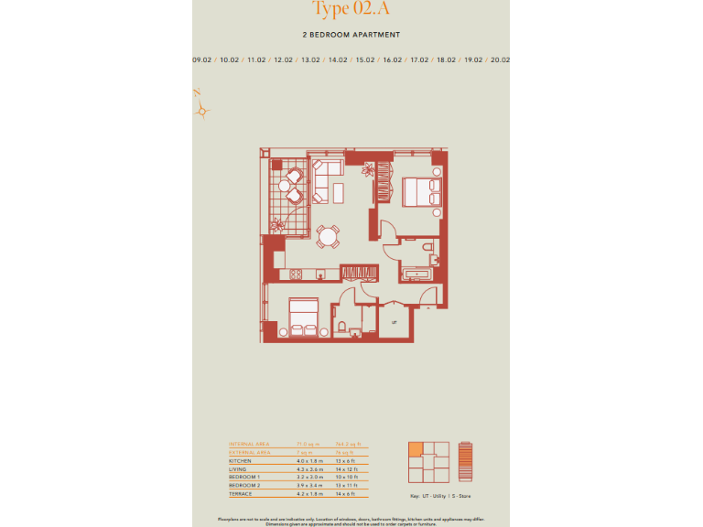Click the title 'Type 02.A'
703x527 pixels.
[x=351, y=9]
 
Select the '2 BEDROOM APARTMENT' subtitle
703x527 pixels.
[x=351, y=35]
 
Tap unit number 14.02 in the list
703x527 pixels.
[x=338, y=59]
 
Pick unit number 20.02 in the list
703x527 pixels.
[x=500, y=59]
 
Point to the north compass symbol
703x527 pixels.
[x=203, y=108]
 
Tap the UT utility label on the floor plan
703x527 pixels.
[x=394, y=322]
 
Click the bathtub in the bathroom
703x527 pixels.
[x=422, y=274]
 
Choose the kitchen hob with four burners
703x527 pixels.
[x=296, y=274]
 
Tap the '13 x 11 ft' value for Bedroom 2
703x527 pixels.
[x=345, y=486]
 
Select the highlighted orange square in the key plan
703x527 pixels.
[x=416, y=448]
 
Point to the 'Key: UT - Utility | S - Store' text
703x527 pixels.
[x=441, y=496]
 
